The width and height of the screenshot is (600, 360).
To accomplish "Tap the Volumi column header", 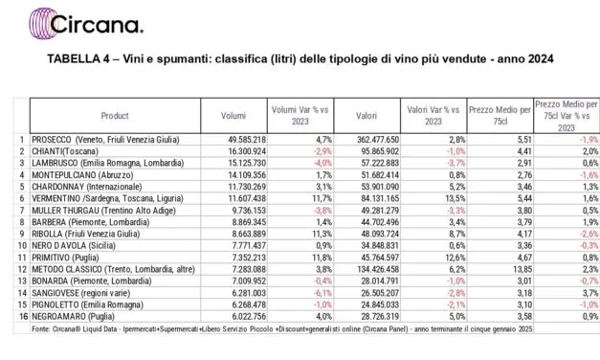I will click(x=233, y=114).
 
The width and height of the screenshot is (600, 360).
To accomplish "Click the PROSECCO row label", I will click(x=105, y=140).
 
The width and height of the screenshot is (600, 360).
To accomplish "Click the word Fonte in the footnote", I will click(x=42, y=333).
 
